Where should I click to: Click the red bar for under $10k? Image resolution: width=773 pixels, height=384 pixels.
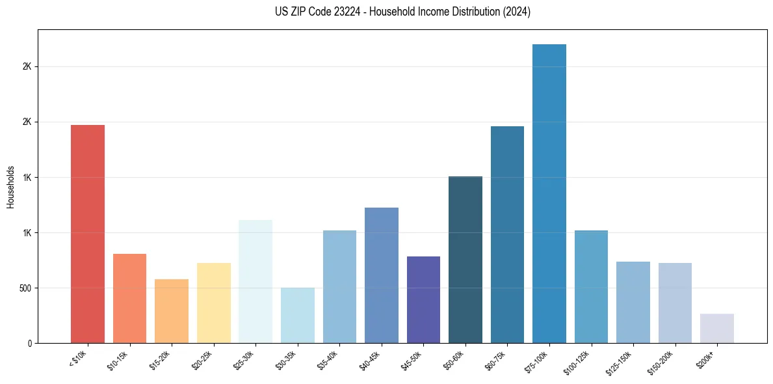tap(88, 234)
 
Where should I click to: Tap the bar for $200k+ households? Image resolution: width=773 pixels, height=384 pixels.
tap(717, 328)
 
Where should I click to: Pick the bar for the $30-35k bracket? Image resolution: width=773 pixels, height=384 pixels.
tap(298, 315)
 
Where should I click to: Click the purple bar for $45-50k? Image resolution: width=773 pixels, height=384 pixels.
tap(423, 299)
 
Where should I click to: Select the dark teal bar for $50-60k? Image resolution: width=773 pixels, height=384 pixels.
tap(465, 260)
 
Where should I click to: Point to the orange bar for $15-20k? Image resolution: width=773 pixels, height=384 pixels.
tap(172, 311)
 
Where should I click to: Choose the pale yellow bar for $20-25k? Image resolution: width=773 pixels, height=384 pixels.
tap(214, 303)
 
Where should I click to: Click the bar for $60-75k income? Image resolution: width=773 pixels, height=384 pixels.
tap(507, 234)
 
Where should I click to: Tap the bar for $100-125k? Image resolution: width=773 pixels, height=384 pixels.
tap(591, 286)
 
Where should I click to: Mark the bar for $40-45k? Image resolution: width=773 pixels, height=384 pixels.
tap(382, 275)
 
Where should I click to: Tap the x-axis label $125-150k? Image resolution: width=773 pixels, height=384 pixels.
tap(620, 362)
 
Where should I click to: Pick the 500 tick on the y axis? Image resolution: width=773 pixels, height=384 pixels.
tap(24, 288)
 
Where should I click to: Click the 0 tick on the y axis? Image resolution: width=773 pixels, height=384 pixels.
tap(29, 343)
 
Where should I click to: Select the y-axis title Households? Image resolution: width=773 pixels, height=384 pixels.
tap(10, 187)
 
